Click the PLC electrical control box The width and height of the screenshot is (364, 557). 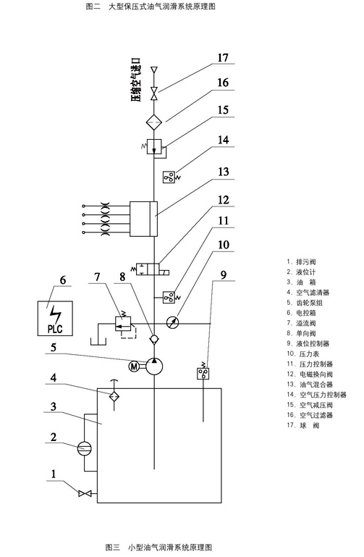[x=55, y=318]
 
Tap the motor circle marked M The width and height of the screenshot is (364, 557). [x=134, y=367]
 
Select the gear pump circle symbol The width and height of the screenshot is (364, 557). [x=154, y=367]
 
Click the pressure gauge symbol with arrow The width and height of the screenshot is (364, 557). [x=173, y=323]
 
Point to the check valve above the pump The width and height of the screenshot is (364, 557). [x=154, y=339]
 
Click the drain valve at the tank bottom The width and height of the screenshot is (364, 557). [x=85, y=493]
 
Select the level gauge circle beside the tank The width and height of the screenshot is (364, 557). [x=85, y=448]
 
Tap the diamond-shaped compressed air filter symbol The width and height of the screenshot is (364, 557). [x=154, y=122]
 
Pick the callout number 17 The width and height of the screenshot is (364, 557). [x=223, y=58]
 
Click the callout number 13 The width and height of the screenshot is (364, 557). [x=223, y=172]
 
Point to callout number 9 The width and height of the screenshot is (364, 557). [x=223, y=275]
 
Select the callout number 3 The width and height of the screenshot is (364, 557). [x=54, y=406]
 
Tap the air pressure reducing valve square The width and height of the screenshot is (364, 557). [x=154, y=146]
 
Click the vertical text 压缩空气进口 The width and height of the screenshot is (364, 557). [x=136, y=80]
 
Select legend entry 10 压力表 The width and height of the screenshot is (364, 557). [x=303, y=353]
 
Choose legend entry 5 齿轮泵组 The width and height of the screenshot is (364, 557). [x=305, y=303]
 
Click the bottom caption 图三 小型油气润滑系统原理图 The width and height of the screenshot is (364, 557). [x=158, y=547]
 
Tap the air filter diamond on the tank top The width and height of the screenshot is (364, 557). [x=114, y=395]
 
